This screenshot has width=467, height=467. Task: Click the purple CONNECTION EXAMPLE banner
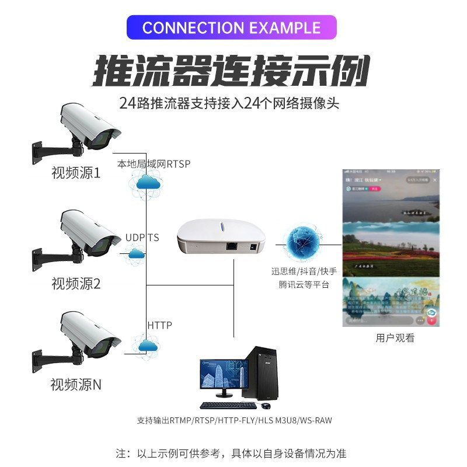click(232, 28)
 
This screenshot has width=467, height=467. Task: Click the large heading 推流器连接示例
click(232, 72)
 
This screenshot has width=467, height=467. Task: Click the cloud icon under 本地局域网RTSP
click(146, 183)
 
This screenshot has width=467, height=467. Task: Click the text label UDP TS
click(142, 238)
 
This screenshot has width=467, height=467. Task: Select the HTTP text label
click(159, 325)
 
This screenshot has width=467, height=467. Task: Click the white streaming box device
click(222, 239)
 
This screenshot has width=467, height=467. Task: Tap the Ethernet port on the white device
click(232, 246)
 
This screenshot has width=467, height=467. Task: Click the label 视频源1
click(76, 173)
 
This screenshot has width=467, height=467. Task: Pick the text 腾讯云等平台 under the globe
click(304, 285)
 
